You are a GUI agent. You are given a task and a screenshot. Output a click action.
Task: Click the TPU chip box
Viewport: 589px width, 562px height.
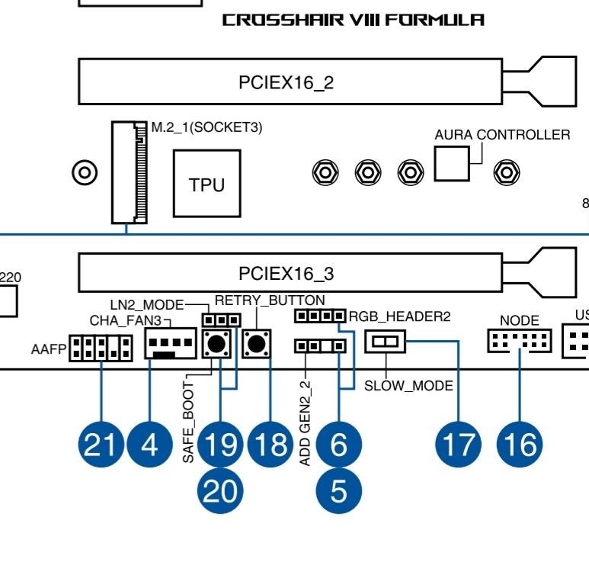click(206, 184)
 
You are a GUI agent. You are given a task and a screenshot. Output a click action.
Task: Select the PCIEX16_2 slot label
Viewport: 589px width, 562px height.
click(286, 83)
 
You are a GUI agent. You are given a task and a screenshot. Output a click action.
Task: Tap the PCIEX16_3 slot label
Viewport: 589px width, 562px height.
click(286, 273)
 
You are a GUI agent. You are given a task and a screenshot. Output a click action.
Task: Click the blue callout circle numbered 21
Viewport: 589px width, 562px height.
click(101, 444)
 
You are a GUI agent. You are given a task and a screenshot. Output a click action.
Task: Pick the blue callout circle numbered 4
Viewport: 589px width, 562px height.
click(151, 444)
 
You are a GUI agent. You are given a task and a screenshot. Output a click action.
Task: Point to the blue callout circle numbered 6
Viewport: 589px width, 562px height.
click(338, 444)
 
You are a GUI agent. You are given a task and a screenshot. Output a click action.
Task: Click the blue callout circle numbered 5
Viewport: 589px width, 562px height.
click(338, 490)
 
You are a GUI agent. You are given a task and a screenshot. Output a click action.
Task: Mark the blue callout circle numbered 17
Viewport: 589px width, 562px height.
click(458, 444)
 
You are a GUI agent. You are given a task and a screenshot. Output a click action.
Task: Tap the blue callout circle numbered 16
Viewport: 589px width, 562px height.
click(520, 444)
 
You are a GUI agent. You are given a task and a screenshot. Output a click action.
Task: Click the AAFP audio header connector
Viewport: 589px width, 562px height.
click(101, 349)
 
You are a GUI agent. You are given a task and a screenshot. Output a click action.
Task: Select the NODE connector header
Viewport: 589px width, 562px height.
click(519, 343)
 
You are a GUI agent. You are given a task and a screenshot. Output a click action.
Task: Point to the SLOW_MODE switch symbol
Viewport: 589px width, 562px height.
click(386, 342)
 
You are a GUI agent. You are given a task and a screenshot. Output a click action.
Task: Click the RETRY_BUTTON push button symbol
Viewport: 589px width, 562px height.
click(257, 345)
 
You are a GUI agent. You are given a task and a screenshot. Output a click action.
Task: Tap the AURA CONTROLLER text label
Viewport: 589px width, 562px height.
click(501, 135)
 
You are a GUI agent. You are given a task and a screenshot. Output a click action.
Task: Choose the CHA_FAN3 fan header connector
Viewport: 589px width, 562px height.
click(169, 347)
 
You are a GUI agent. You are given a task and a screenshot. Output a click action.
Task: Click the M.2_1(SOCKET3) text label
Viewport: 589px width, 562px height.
click(206, 127)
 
